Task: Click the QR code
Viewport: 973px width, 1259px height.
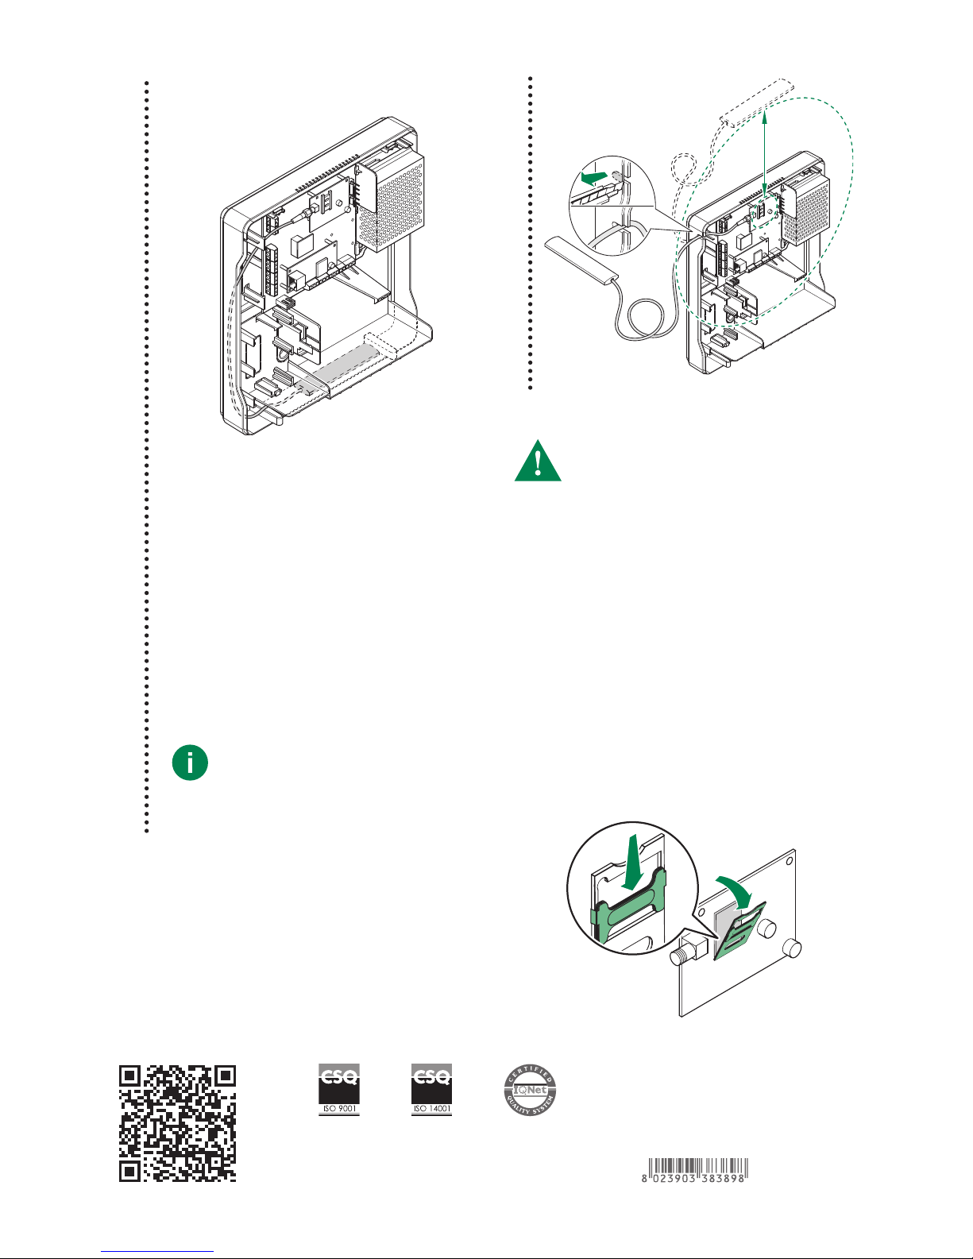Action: click(178, 1122)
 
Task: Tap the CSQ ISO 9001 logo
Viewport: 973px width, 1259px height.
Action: click(339, 1089)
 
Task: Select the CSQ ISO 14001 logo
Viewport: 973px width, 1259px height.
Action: click(431, 1089)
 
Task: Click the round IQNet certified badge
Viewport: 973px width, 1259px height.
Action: click(531, 1090)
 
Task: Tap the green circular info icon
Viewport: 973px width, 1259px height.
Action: click(190, 763)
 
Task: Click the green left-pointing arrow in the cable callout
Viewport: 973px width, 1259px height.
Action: click(594, 176)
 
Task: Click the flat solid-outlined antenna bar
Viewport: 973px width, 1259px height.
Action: click(580, 261)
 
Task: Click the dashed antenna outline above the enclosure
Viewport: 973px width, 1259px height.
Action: click(755, 102)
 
